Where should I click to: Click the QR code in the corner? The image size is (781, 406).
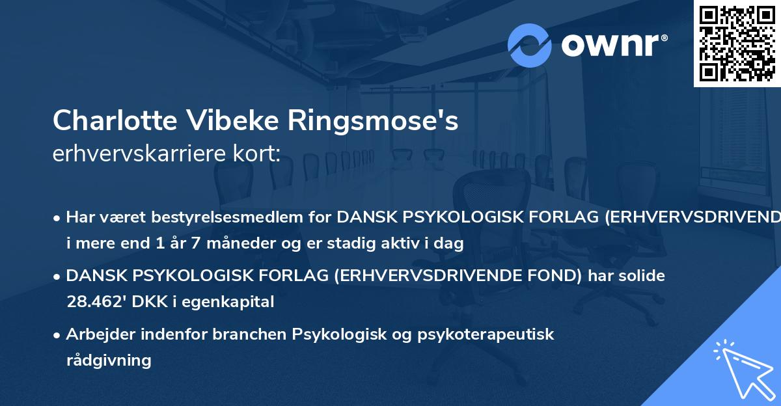tap(737, 44)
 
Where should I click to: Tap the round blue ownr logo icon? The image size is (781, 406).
tap(529, 45)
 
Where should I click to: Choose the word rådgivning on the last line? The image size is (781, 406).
tap(109, 360)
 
